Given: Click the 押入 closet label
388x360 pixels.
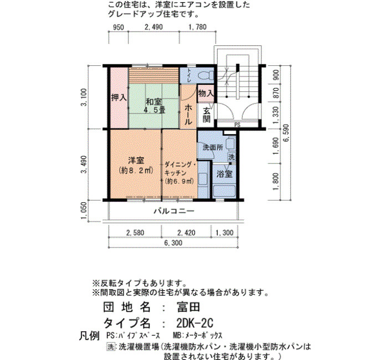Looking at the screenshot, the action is tap(119, 97).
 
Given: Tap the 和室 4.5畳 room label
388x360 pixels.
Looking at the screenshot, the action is tap(155, 106).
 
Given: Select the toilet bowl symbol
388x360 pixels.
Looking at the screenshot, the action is tap(206, 75).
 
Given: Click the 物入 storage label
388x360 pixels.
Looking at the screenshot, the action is tap(206, 94).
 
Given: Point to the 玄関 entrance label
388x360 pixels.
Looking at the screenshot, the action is tap(207, 115).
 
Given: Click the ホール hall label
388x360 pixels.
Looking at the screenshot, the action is tap(188, 115).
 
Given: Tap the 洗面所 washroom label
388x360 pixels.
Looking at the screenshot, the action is tap(213, 148).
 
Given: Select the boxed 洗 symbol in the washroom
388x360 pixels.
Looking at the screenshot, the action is tap(231, 157).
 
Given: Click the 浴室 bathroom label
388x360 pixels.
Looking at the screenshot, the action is tap(224, 174).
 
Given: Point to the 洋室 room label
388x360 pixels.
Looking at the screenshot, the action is tap(136, 161).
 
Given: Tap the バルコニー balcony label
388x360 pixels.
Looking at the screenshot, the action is tap(174, 211).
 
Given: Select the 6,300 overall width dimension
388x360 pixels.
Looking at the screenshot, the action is tap(173, 243).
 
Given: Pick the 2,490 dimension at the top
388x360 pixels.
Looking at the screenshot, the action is tap(154, 27).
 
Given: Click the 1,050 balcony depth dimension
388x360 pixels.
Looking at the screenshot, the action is tap(84, 210).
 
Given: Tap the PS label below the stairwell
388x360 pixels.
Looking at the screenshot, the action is tap(237, 125).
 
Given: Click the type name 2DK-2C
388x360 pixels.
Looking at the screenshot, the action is tap(195, 322).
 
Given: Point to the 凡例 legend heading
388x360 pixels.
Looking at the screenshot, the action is tap(89, 336).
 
